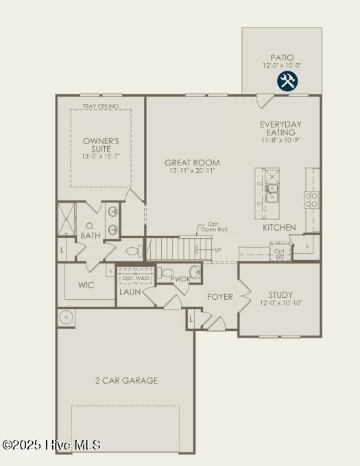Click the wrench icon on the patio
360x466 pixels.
pos(287,82)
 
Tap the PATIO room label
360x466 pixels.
pos(281,58)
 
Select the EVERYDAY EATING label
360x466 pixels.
pos(281,128)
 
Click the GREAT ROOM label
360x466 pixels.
pos(192,163)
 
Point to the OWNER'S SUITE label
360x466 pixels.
pos(101,145)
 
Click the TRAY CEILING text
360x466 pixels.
pos(101,106)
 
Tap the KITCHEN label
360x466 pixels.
pos(279,227)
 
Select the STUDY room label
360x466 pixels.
pos(280,295)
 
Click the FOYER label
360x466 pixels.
pos(220,297)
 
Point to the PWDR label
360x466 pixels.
pos(180,279)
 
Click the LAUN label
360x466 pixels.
pos(130,292)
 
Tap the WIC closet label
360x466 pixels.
pos(86,285)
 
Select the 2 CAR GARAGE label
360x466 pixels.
pos(126,380)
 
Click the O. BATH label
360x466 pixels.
pos(89,231)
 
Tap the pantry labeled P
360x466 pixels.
pos(307,246)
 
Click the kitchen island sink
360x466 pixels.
pos(272,191)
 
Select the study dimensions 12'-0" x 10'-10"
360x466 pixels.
pos(280,303)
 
